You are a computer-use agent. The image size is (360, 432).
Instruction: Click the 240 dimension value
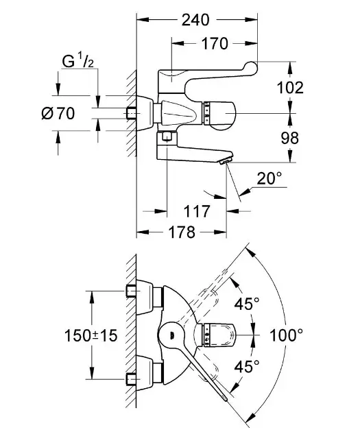pos(195,20)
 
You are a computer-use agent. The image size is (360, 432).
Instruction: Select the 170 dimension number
pos(215,43)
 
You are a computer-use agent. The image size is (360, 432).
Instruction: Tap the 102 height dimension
pos(290,88)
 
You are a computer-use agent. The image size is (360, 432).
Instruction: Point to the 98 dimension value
pos(290,138)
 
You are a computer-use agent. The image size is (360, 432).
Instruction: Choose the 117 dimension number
pos(197,211)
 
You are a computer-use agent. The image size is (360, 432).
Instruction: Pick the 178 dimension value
pos(182,232)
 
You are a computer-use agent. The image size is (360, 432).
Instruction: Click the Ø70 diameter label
pos(58,113)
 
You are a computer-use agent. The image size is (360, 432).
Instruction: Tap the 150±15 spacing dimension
pos(91,335)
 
